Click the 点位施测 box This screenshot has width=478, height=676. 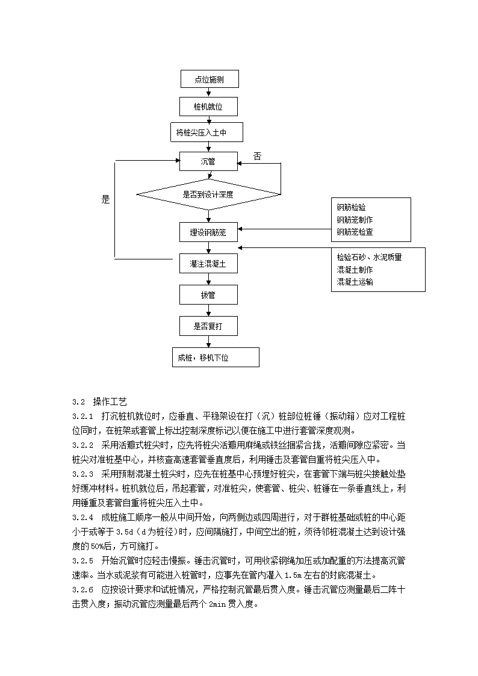click(210, 79)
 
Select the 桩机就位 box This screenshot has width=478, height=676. click(209, 107)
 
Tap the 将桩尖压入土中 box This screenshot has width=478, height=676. click(207, 132)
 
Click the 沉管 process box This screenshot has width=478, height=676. click(209, 161)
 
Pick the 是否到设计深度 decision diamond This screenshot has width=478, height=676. click(209, 194)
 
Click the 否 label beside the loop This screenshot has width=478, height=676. click(257, 156)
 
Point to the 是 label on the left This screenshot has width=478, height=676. click(105, 199)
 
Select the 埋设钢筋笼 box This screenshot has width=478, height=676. click(209, 232)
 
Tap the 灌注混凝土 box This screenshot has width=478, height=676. click(209, 264)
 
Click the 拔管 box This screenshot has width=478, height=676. click(209, 295)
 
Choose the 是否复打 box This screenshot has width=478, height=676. click(209, 326)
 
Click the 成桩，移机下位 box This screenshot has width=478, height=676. click(216, 358)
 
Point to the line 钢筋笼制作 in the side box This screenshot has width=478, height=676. click(355, 220)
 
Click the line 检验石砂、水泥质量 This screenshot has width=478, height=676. click(370, 258)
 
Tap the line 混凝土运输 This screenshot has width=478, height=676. click(355, 282)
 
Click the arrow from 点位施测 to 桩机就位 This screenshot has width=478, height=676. click(209, 93)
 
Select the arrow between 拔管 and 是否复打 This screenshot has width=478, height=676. click(209, 311)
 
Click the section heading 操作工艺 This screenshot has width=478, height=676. click(110, 402)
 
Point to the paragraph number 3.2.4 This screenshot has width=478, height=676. click(82, 517)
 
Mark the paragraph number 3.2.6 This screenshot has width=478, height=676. click(82, 590)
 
